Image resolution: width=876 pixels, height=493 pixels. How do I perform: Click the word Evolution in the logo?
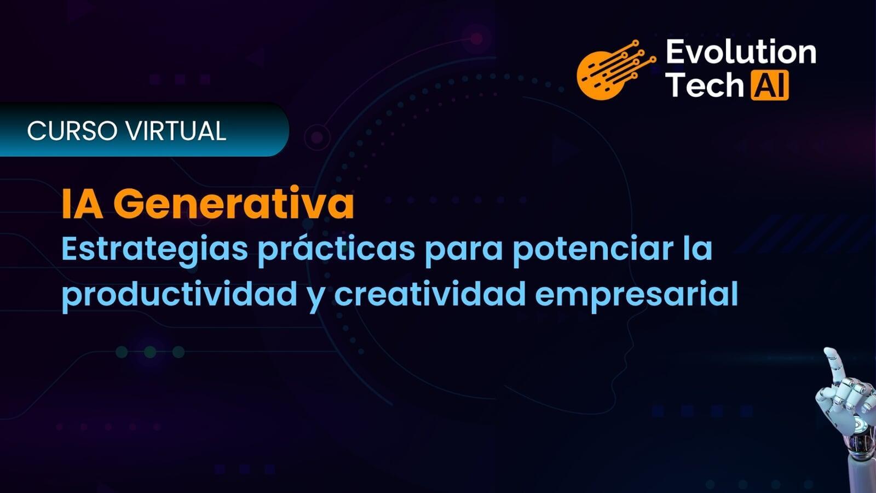pyautogui.click(x=741, y=52)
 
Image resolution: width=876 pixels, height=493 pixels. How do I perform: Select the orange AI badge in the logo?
pyautogui.click(x=770, y=85)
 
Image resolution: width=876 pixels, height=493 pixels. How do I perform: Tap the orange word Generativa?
pyautogui.click(x=233, y=204)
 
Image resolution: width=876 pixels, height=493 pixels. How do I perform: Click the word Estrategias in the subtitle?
pyautogui.click(x=155, y=251)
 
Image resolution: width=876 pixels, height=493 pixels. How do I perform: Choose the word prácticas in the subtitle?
pyautogui.click(x=336, y=251)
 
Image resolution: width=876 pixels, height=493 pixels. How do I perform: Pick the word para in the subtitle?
pyautogui.click(x=464, y=253)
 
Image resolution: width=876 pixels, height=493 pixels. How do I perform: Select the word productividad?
pyautogui.click(x=180, y=296)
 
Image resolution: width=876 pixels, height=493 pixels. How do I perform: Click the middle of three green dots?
pyautogui.click(x=150, y=352)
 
